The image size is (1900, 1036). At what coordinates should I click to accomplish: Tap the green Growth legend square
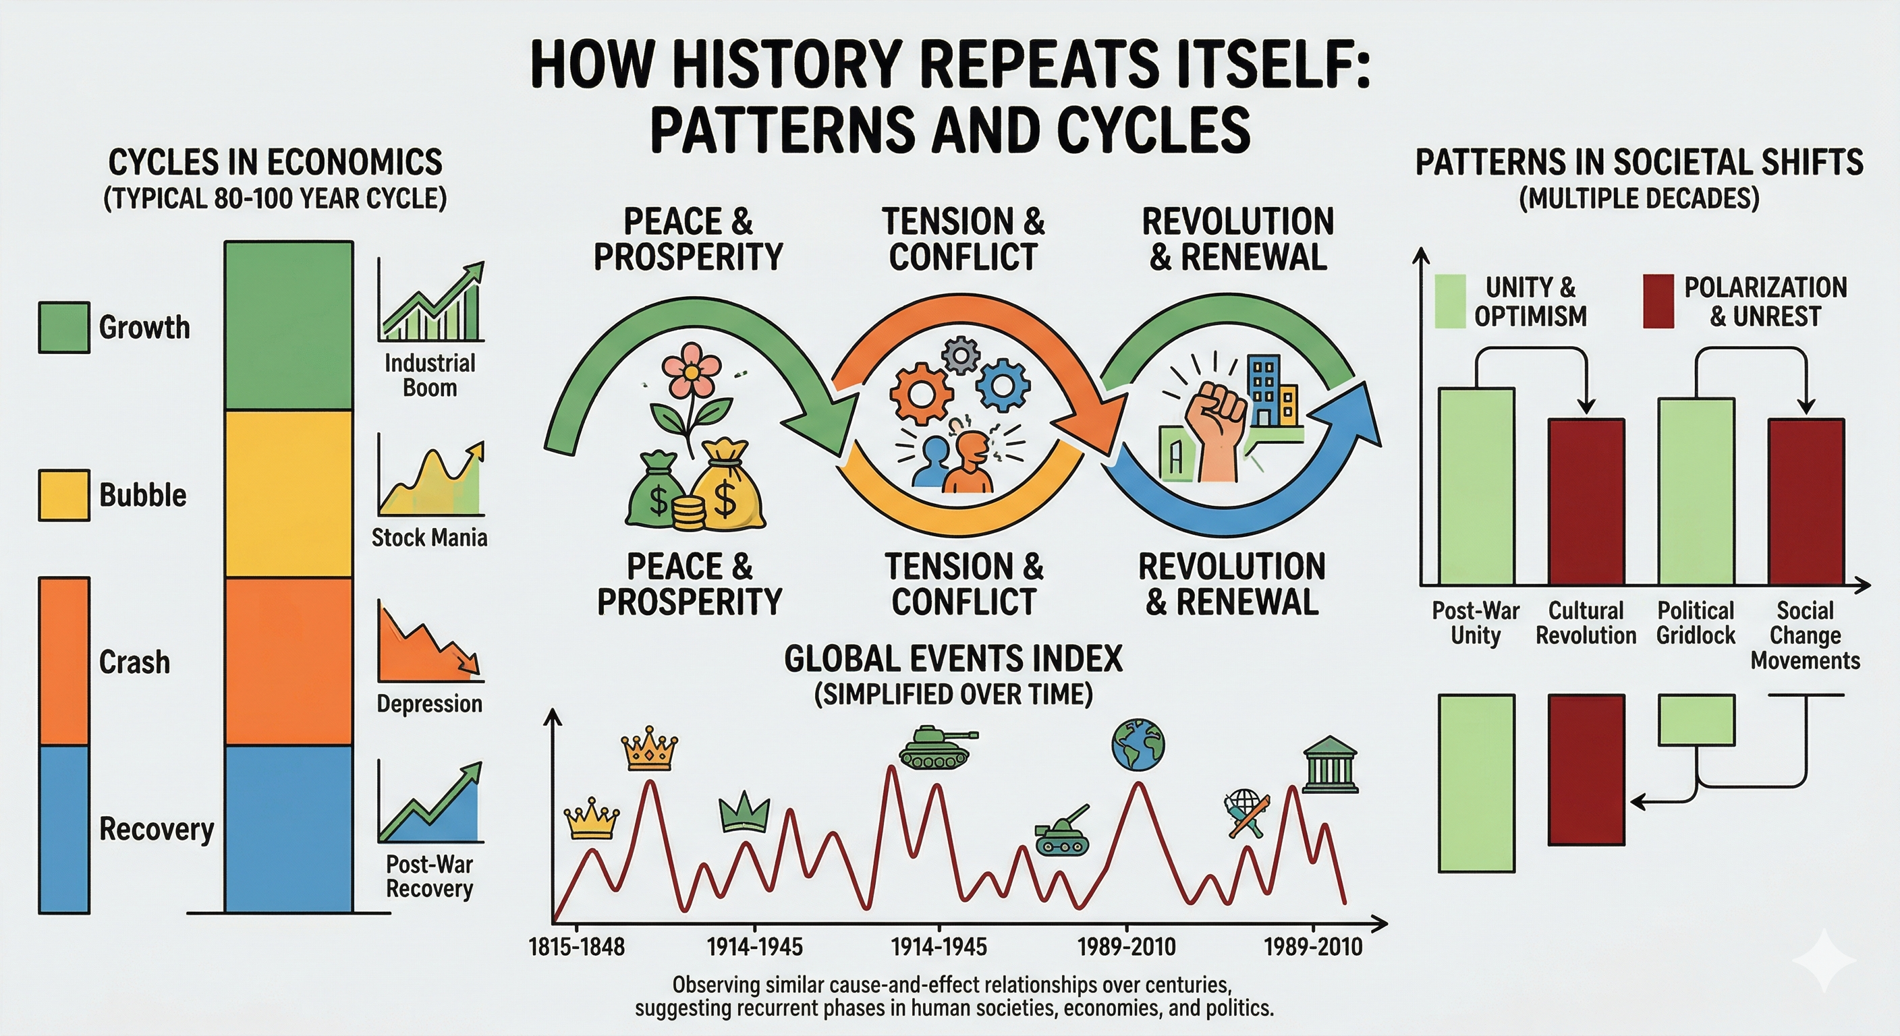pyautogui.click(x=64, y=327)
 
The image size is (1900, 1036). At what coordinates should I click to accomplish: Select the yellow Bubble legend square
pyautogui.click(x=64, y=495)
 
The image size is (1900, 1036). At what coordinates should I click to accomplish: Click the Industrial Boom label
pyautogui.click(x=430, y=375)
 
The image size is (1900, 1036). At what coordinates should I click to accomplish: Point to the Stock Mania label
pyautogui.click(x=429, y=538)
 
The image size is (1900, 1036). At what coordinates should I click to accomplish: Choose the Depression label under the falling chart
pyautogui.click(x=429, y=703)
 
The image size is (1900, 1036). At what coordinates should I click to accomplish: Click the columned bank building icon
pyautogui.click(x=1330, y=765)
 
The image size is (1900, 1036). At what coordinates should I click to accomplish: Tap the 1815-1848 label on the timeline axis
pyautogui.click(x=577, y=947)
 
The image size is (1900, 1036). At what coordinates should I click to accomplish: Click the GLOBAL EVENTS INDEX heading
pyautogui.click(x=953, y=659)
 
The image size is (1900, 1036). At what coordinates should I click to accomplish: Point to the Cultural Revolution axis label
pyautogui.click(x=1586, y=623)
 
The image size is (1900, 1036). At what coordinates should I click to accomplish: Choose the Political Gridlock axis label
pyautogui.click(x=1696, y=623)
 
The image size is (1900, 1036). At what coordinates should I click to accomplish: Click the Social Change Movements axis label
pyautogui.click(x=1806, y=635)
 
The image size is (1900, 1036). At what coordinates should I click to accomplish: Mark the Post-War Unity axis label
pyautogui.click(x=1476, y=623)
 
